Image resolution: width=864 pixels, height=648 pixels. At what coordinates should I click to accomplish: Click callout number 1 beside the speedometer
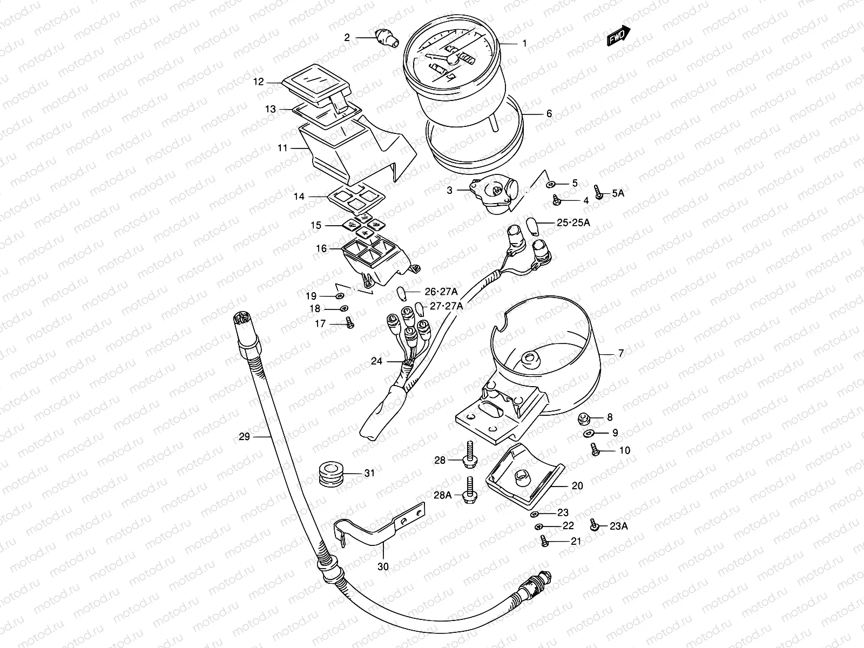(523, 43)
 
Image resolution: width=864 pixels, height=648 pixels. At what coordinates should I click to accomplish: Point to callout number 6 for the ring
(549, 114)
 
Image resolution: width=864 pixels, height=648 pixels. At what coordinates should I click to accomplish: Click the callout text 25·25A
(572, 222)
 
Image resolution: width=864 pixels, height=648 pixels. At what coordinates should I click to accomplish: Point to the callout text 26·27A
(441, 292)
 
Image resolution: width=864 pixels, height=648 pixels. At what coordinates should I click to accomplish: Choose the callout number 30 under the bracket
(383, 566)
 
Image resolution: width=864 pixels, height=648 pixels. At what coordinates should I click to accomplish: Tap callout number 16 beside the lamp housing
(321, 248)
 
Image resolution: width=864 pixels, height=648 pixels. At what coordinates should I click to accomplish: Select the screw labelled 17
(349, 324)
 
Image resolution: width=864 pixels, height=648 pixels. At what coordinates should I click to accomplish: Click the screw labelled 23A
(594, 525)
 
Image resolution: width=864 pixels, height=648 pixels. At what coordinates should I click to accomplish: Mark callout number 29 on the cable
(245, 436)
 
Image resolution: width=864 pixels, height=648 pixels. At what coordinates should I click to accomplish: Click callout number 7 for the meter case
(621, 354)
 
